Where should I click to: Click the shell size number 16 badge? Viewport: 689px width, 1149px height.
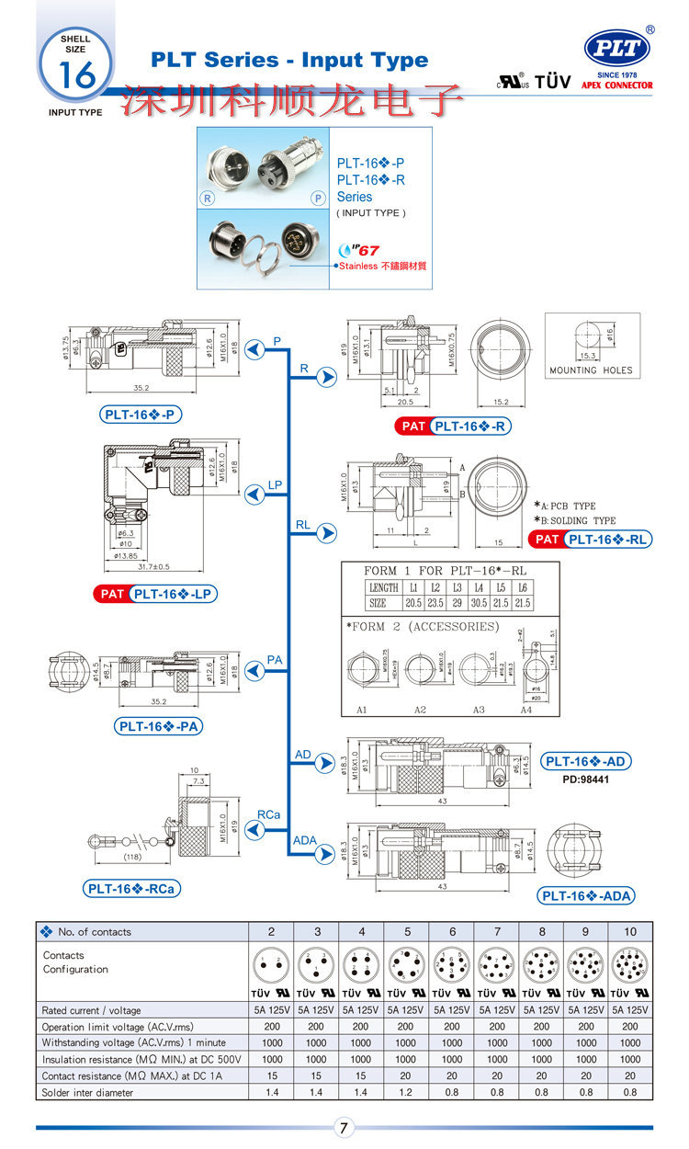point(76,74)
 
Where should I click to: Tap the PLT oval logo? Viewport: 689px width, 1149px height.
point(616,48)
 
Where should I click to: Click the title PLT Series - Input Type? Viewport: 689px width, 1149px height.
point(289,61)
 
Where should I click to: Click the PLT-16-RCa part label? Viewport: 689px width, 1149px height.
point(130,889)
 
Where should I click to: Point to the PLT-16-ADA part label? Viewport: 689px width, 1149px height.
point(586,896)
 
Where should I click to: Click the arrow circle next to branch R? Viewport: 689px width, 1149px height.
point(326,377)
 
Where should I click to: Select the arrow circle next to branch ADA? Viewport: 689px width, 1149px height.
point(326,854)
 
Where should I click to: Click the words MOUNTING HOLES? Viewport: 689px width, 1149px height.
point(591,370)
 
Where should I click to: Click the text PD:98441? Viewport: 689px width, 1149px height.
point(586,779)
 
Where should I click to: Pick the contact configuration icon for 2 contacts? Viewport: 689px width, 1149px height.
point(271,965)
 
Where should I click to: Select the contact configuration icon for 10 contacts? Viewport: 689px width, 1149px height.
point(630,965)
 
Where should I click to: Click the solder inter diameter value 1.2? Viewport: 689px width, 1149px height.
point(407,1092)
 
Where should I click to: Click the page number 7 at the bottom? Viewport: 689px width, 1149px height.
point(344,1128)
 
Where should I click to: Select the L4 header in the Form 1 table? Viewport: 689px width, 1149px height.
point(478,586)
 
